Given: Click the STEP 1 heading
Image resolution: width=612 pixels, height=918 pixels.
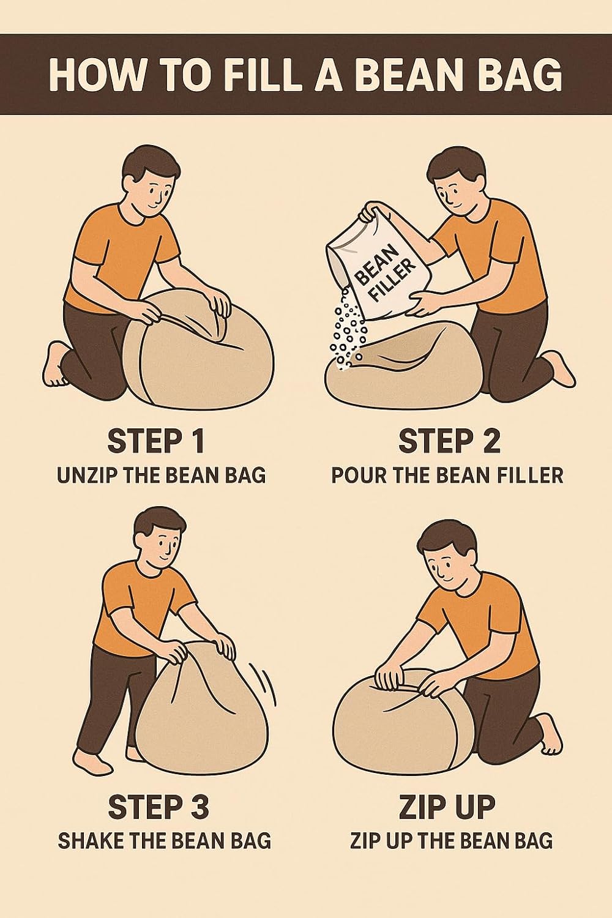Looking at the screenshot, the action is coord(156,441).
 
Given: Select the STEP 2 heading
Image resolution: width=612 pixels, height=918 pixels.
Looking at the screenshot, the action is coord(449,441).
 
